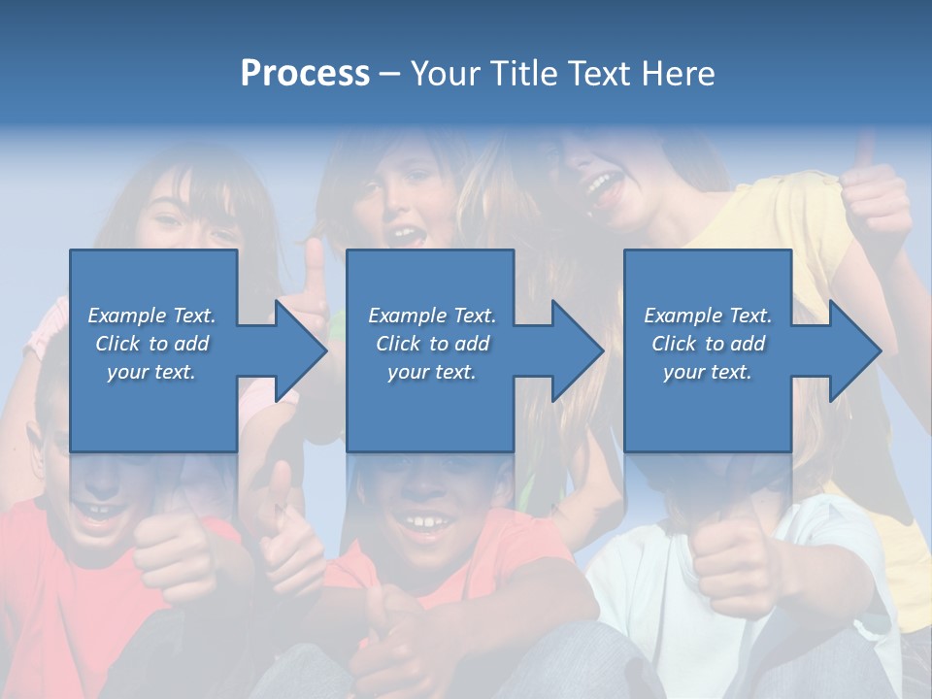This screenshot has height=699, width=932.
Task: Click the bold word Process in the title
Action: [x=305, y=74]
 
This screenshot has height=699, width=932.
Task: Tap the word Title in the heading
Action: [x=520, y=74]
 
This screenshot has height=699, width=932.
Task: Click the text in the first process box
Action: [x=152, y=344]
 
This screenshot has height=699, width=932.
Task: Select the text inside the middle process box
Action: [x=431, y=344]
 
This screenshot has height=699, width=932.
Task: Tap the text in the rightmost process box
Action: [x=708, y=344]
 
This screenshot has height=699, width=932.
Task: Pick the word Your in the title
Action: [x=447, y=74]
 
